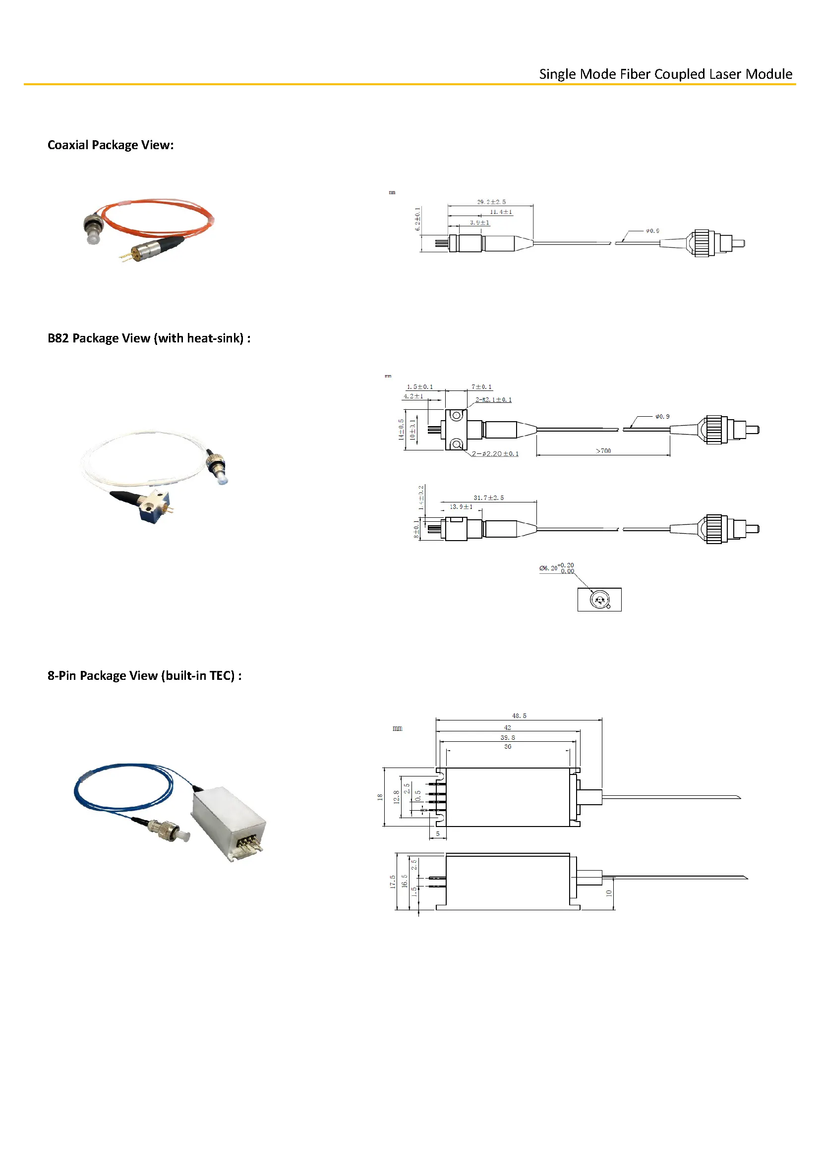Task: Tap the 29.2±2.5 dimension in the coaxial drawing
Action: [491, 202]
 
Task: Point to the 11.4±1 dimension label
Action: [501, 212]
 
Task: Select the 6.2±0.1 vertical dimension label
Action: [417, 219]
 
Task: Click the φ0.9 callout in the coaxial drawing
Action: [652, 231]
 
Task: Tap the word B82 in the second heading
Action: [58, 338]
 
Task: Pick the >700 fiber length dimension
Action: [603, 451]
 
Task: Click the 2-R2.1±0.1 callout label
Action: [493, 400]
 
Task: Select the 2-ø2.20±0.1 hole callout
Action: [495, 454]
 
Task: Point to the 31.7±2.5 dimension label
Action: [488, 497]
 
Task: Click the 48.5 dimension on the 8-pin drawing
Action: [519, 716]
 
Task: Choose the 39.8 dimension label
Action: [508, 737]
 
